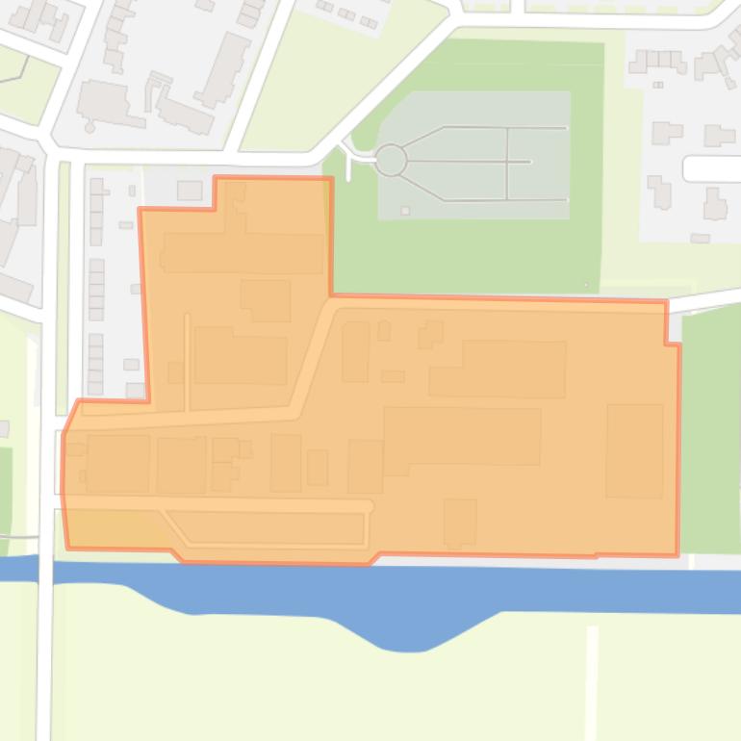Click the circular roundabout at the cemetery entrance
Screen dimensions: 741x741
pos(390,161)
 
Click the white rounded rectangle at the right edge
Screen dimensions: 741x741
pos(712,169)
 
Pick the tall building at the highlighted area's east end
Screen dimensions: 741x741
pos(634,449)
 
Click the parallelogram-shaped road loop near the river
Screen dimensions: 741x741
pos(269,528)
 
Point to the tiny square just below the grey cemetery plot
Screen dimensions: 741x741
pos(405,211)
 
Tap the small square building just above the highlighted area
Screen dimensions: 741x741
pos(190,190)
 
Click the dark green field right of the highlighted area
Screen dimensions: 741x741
pos(710,433)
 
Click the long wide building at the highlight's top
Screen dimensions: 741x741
pos(243,252)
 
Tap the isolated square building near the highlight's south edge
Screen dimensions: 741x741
pos(459,521)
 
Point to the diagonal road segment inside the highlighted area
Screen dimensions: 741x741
pos(314,361)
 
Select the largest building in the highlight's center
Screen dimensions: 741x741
pos(462,436)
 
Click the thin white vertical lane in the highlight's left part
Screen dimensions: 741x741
pos(187,361)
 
